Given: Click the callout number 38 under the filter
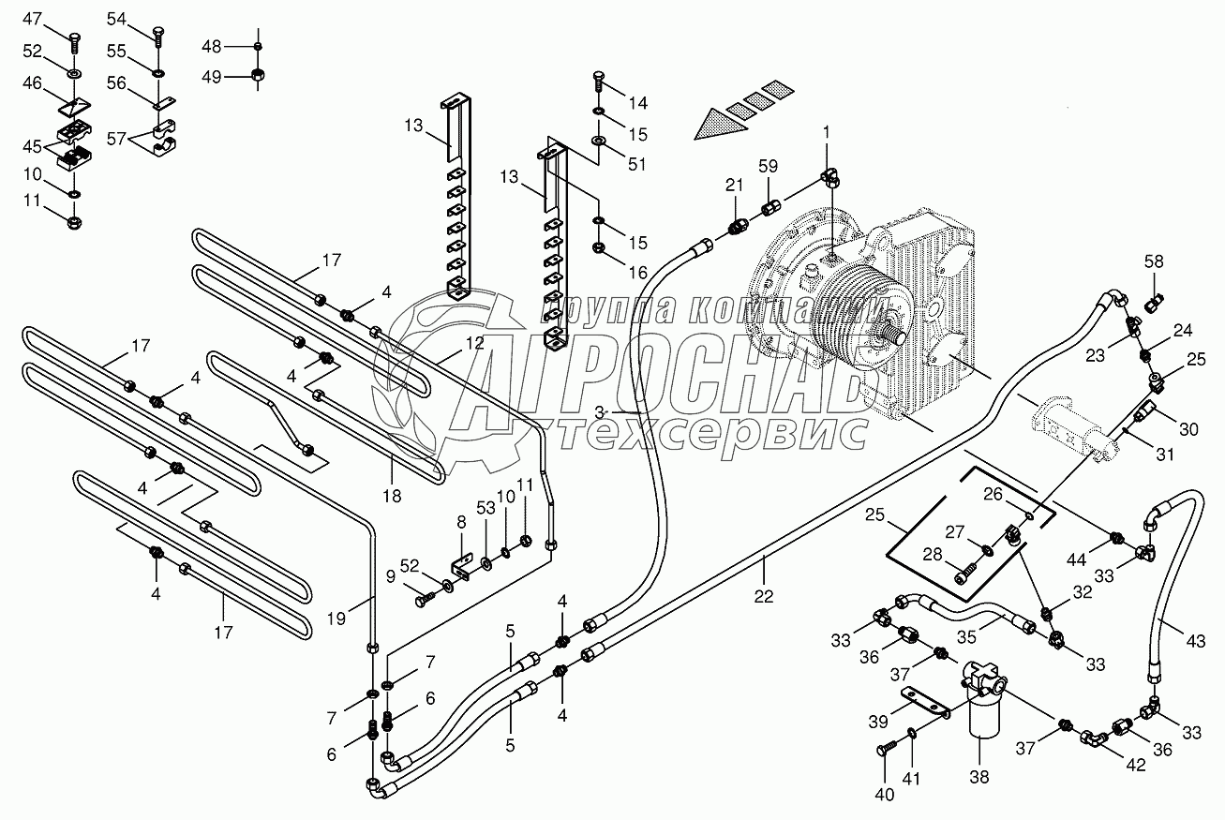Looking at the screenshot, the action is tap(979, 776).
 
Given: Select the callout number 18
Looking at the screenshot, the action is tap(392, 497).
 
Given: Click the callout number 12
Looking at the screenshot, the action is tap(473, 343).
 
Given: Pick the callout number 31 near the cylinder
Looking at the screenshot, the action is tap(1164, 455).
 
